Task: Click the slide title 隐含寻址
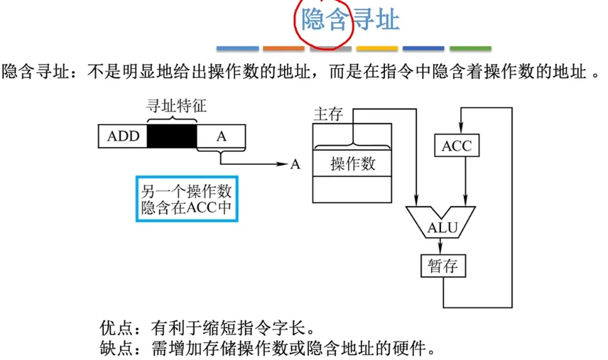tap(349, 20)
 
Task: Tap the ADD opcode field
tap(123, 136)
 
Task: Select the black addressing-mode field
tap(171, 136)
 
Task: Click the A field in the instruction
tap(221, 136)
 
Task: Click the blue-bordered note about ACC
tap(186, 199)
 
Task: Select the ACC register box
tap(456, 146)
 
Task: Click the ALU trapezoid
tap(443, 224)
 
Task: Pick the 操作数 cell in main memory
tap(352, 165)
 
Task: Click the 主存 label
tap(329, 114)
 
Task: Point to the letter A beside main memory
tap(295, 165)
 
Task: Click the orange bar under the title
tap(283, 49)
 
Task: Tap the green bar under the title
tap(470, 49)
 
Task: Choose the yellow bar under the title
tap(377, 49)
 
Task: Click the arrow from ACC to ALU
tap(465, 183)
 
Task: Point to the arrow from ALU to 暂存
tap(442, 246)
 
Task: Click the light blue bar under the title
tap(237, 49)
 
